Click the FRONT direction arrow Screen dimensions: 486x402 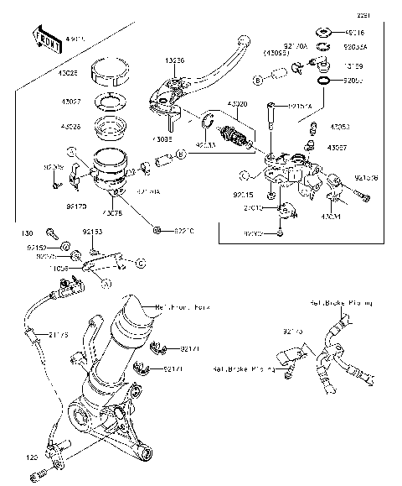tap(44, 38)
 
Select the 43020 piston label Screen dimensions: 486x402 tap(236, 104)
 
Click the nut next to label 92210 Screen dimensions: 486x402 tap(157, 229)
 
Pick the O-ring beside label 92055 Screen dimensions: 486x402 tap(322, 81)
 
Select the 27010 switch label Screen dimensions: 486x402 tap(253, 207)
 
